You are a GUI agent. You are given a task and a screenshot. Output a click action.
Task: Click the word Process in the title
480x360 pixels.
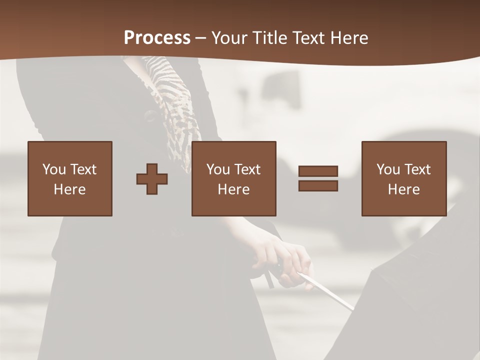click(x=157, y=38)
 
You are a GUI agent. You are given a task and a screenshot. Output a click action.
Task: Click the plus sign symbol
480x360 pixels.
click(x=152, y=179)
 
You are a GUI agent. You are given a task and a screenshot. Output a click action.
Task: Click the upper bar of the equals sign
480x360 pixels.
click(x=318, y=171)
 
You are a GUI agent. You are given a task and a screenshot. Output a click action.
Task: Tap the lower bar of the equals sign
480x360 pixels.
click(x=318, y=186)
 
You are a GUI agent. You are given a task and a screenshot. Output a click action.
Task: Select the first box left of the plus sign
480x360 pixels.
click(x=70, y=178)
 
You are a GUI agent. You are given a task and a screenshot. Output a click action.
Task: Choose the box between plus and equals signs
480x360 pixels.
click(x=234, y=178)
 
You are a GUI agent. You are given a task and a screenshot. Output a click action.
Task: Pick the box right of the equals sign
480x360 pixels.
click(x=404, y=178)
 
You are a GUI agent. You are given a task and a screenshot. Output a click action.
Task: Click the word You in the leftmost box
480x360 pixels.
click(x=54, y=169)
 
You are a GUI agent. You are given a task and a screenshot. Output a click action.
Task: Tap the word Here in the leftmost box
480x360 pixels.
click(x=70, y=189)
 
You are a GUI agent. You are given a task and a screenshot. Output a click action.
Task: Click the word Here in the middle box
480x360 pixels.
click(x=234, y=189)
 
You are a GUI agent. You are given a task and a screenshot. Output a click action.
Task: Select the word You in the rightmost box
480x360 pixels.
click(x=388, y=169)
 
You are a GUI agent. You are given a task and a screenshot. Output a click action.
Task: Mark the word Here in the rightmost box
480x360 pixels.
click(x=404, y=189)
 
